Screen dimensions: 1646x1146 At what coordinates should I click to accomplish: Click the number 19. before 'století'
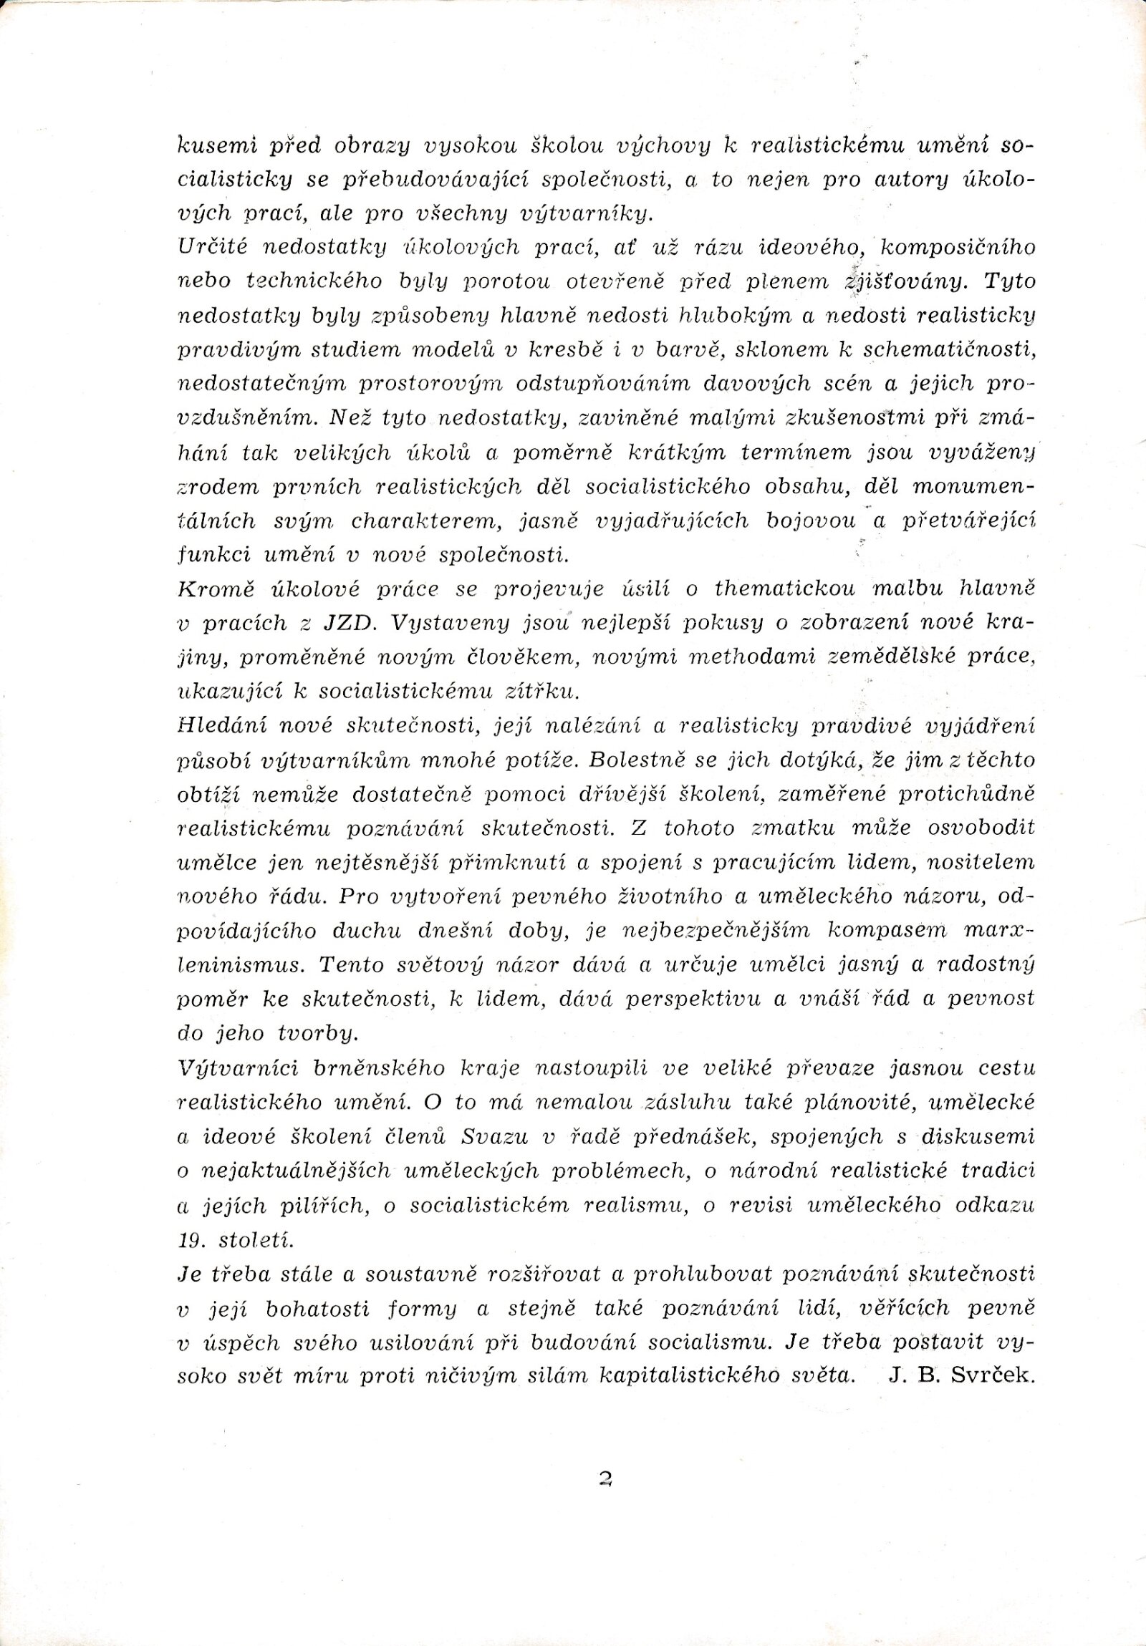pyautogui.click(x=191, y=1239)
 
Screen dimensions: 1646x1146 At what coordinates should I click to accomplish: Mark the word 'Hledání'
pyautogui.click(x=219, y=725)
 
